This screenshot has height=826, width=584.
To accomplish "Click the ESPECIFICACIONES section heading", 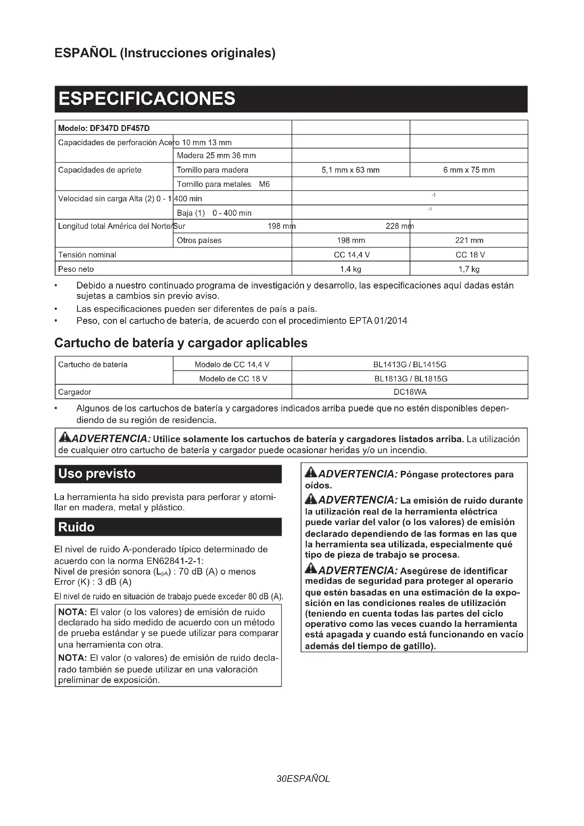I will (x=147, y=99).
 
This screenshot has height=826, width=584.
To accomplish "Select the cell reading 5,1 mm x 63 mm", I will (x=350, y=170).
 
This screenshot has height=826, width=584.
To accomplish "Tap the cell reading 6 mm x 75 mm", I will (x=469, y=170).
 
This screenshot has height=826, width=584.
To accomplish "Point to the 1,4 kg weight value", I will (x=351, y=269).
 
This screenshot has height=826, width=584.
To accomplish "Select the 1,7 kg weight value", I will (x=469, y=269).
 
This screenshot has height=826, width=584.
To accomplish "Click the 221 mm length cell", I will (x=469, y=240).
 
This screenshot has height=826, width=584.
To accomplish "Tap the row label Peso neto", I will (x=76, y=269).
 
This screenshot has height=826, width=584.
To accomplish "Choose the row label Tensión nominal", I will (x=87, y=255).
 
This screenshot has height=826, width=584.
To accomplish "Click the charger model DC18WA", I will (x=410, y=392).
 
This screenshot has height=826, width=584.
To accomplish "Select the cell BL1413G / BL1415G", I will (x=410, y=364).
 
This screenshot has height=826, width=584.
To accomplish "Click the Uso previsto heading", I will (x=97, y=474).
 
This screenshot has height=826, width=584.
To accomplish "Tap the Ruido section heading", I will (x=76, y=527).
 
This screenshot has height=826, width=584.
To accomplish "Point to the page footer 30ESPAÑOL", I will (x=303, y=779).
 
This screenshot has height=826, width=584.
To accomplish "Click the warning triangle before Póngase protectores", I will (x=311, y=473).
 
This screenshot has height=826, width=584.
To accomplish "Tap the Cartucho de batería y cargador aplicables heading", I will (x=181, y=343).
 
